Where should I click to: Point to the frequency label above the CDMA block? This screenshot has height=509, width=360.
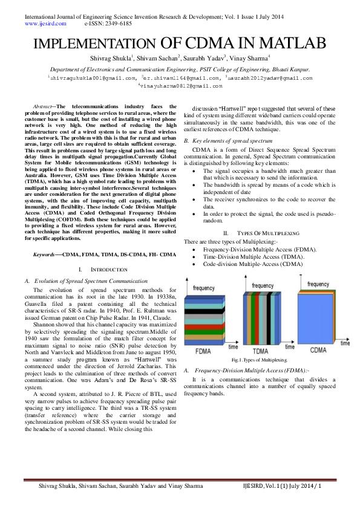[318, 284]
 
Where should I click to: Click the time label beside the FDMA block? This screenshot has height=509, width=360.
[233, 346]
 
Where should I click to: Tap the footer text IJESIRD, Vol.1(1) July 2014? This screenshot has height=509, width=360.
[281, 485]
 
